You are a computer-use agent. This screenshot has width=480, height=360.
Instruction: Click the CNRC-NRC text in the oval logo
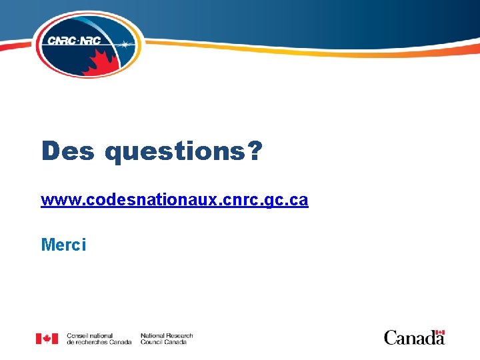coord(73,41)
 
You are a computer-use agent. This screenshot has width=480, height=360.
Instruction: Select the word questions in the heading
coord(175,153)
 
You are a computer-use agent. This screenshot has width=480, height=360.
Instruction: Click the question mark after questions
coord(254,151)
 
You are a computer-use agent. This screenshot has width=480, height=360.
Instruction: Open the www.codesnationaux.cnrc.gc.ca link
coord(174,200)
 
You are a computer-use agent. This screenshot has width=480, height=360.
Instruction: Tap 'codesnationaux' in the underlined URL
coord(142,200)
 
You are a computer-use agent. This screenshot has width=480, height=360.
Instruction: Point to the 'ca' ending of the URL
coord(299,200)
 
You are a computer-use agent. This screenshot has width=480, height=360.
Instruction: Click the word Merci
coord(63,245)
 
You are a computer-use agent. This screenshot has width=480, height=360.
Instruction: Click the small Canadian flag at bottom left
coord(47,339)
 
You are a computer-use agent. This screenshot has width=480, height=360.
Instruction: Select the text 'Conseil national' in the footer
coord(90,335)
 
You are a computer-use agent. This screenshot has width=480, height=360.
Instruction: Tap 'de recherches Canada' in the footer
coord(99,342)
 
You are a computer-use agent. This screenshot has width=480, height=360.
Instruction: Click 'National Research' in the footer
coord(167,335)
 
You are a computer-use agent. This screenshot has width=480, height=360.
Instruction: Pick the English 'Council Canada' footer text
coord(163,342)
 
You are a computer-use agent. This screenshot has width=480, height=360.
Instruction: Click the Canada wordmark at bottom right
coord(414,337)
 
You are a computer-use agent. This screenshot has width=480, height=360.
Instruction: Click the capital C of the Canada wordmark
coord(391,338)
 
